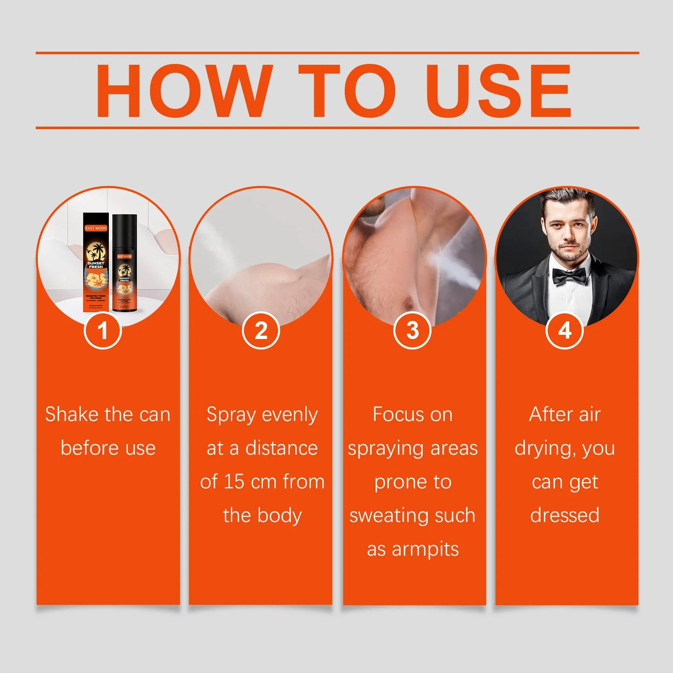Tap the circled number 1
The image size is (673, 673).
tap(103, 331)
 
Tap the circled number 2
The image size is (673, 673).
tap(261, 331)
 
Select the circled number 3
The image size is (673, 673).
tap(412, 331)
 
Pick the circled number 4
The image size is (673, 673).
tap(564, 331)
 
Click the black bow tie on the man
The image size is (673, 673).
tap(569, 276)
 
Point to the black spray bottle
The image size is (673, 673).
tap(124, 263)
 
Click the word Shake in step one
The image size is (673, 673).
tap(72, 414)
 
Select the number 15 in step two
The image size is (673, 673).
tap(234, 482)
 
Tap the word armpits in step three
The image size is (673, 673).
tap(425, 549)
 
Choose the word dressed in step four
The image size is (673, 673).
tap(564, 515)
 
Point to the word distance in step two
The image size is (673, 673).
tap(281, 448)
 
